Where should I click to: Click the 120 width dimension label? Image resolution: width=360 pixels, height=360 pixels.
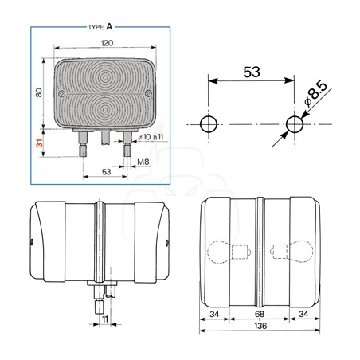107,43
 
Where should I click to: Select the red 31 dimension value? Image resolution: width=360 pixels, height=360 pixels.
40,143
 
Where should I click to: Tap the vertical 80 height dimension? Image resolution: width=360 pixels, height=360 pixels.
39,92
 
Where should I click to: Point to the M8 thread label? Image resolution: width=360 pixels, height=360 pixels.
143,162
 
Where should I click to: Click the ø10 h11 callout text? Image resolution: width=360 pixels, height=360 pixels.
151,137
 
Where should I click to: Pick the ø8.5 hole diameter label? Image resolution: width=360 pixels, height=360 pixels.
315,93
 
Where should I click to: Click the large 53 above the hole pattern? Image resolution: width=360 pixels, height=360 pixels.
252,72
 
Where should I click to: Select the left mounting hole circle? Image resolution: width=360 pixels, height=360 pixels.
209,124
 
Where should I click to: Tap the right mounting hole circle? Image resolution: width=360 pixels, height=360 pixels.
295,124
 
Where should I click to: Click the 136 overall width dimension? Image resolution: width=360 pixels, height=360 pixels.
260,326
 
